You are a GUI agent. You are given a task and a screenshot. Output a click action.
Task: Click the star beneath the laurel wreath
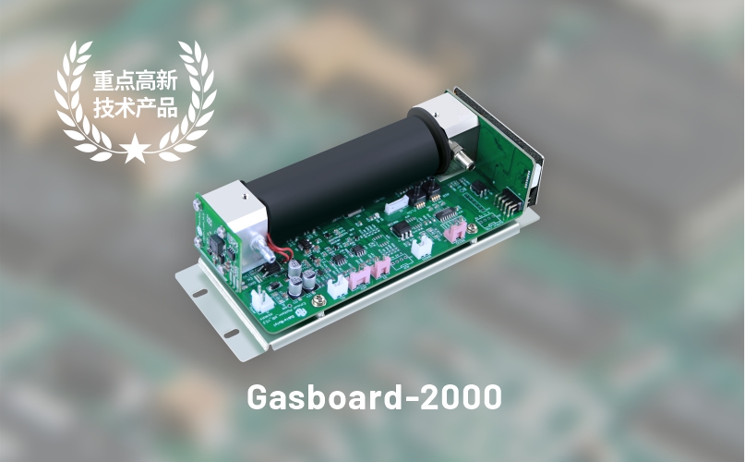pyautogui.click(x=135, y=148)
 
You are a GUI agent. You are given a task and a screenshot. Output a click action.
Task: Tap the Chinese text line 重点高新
pyautogui.click(x=135, y=80)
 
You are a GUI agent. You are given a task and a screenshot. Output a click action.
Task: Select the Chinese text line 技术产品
pyautogui.click(x=135, y=107)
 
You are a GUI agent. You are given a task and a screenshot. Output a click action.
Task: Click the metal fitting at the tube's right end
pyautogui.click(x=462, y=156)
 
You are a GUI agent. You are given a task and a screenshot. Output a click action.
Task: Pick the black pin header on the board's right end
pyautogui.click(x=509, y=202)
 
